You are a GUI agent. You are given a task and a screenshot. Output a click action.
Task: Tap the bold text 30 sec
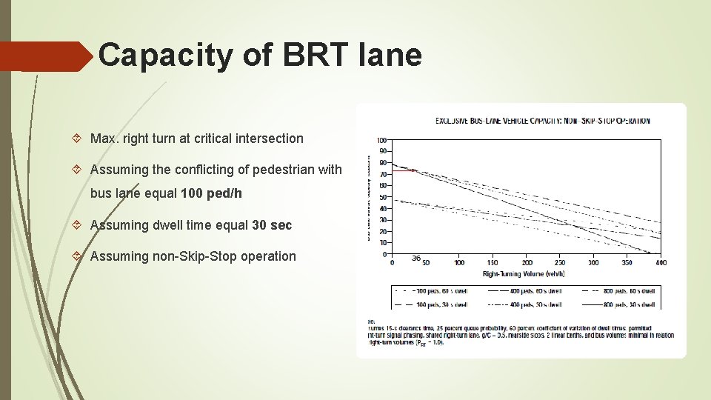tap(272, 225)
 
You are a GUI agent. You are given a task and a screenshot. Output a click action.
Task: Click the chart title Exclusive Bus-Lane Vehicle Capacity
tap(542, 121)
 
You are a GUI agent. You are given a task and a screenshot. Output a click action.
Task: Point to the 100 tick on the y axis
tap(381, 140)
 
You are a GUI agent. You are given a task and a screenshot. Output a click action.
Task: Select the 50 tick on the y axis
tap(382, 197)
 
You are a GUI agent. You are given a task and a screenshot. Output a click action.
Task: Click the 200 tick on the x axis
tap(527, 262)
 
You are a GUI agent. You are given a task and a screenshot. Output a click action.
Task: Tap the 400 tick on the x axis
tap(660, 262)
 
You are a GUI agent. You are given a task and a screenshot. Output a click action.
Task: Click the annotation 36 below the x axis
tap(416, 259)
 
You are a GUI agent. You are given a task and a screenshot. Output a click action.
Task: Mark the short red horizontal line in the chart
tap(403, 170)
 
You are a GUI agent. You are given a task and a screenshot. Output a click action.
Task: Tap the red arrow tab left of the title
tap(44, 57)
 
